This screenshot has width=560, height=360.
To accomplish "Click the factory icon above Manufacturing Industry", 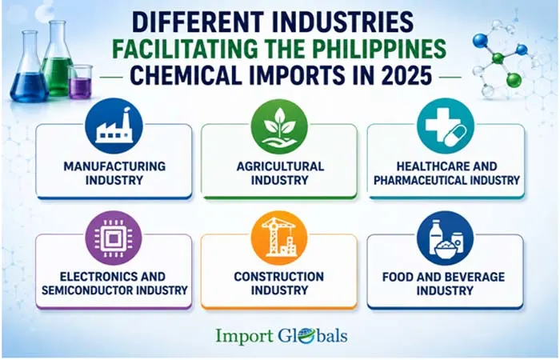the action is coord(114,126).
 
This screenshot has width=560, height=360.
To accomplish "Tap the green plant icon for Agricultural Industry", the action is coord(279,126).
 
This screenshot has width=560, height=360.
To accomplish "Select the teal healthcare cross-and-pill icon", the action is coord(446,126).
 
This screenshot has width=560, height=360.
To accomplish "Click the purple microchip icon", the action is coord(114,238).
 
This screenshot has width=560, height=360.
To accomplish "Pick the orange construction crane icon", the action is coord(279,238).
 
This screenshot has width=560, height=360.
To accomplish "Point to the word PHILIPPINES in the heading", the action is coord(374,48).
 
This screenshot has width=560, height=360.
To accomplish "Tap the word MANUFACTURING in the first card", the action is coord(114,166).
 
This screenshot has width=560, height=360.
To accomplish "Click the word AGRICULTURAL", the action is coord(280,166).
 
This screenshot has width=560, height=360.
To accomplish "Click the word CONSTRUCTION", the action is coord(279,277).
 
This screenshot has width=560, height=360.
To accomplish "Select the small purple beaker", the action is coord(80,82).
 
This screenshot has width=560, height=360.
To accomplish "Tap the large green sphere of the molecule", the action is coord(514,80).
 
